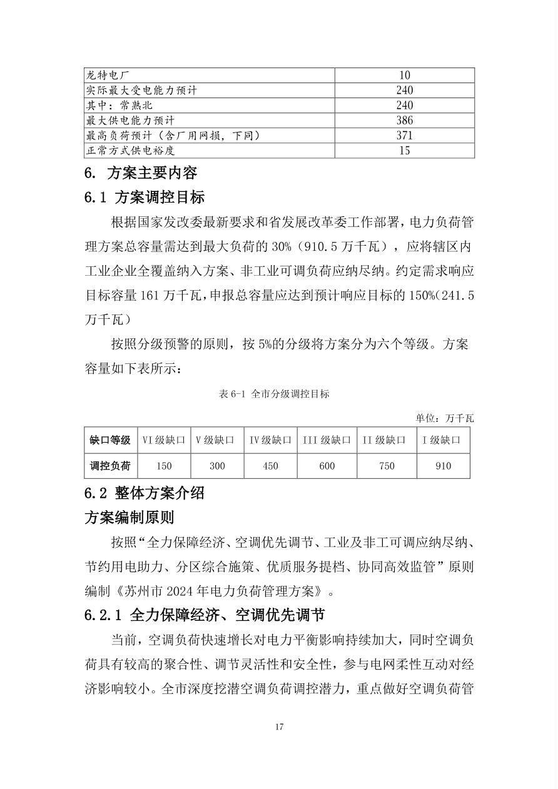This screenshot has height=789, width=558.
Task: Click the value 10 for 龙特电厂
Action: [404, 76]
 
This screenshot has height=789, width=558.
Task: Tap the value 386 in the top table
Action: [404, 121]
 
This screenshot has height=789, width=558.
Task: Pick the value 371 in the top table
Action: [404, 136]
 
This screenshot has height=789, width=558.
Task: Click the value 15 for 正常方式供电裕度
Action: [404, 151]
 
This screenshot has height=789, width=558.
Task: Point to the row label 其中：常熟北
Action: [119, 106]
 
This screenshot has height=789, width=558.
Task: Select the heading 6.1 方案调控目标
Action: [145, 198]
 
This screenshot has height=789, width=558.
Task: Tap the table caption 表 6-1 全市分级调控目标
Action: [274, 394]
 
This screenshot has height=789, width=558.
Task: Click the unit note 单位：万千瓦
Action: [445, 418]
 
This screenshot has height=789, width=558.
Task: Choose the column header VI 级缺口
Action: [164, 440]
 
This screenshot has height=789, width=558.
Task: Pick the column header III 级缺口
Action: [327, 440]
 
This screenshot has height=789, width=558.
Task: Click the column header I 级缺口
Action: [443, 440]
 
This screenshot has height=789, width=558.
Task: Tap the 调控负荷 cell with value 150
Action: [164, 466]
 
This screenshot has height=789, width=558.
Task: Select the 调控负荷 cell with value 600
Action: [327, 466]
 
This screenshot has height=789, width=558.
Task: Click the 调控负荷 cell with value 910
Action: [443, 466]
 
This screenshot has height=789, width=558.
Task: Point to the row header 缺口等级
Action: [110, 440]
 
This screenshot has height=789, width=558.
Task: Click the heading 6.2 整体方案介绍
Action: [145, 493]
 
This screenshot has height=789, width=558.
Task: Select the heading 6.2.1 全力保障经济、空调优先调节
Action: [205, 615]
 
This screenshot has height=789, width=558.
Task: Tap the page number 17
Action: [279, 726]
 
